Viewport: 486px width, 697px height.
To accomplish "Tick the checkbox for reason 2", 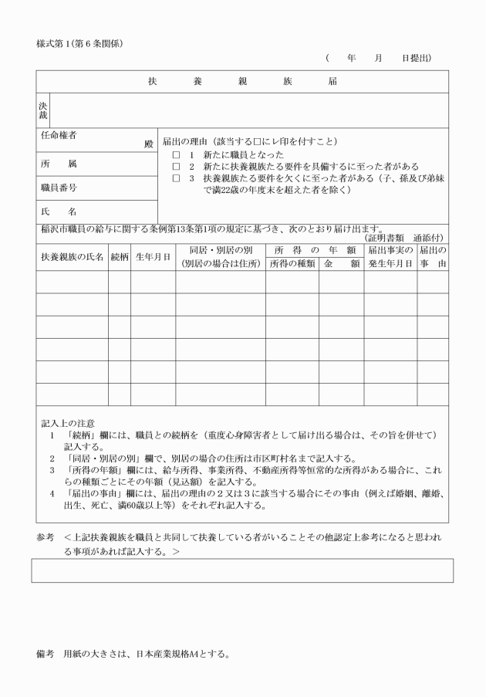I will (177, 166).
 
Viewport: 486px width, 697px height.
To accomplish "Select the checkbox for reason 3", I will (177, 178).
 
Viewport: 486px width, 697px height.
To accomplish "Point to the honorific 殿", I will (149, 144).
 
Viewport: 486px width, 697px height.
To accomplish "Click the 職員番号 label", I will (59, 187).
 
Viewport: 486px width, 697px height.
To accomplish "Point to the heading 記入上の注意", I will (68, 423).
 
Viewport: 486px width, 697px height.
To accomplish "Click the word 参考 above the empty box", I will (46, 535).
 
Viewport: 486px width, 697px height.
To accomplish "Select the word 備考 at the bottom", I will (46, 655).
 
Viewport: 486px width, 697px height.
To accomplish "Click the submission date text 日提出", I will (416, 58).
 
